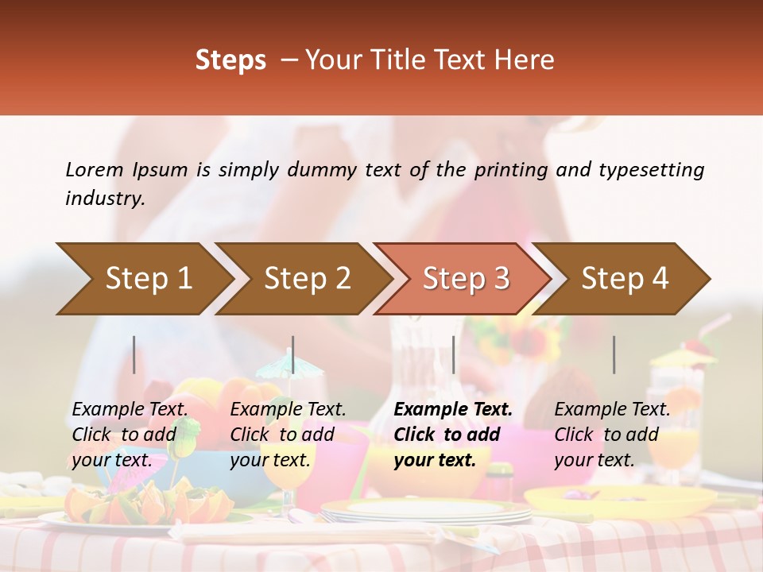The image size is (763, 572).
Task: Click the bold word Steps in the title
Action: pyautogui.click(x=230, y=60)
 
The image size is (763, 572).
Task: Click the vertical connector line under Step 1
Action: pyautogui.click(x=134, y=354)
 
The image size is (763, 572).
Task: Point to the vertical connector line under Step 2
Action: pyautogui.click(x=293, y=354)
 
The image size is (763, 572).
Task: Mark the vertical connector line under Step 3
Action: pyautogui.click(x=453, y=354)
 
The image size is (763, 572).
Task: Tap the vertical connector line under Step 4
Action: pyautogui.click(x=614, y=354)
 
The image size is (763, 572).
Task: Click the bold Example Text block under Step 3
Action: pyautogui.click(x=453, y=435)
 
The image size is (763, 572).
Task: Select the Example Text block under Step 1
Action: pyautogui.click(x=130, y=435)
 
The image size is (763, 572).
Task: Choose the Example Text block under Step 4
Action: pyautogui.click(x=612, y=435)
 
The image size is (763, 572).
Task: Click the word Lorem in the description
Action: pyautogui.click(x=95, y=169)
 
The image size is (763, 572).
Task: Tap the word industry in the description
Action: pyautogui.click(x=104, y=198)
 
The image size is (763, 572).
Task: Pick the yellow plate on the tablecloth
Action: pyautogui.click(x=620, y=500)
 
